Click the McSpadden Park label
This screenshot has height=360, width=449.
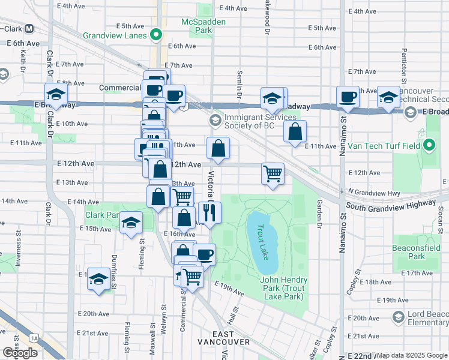point(197,26)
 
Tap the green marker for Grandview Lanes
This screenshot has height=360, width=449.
point(156,35)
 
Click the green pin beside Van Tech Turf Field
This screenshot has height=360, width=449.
point(429,145)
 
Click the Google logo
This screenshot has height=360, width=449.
point(20,353)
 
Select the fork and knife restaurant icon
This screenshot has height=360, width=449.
point(210,212)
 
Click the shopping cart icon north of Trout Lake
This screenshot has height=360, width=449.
point(273,173)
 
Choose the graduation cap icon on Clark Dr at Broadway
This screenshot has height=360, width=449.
point(56,94)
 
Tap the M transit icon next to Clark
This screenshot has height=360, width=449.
point(29,28)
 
